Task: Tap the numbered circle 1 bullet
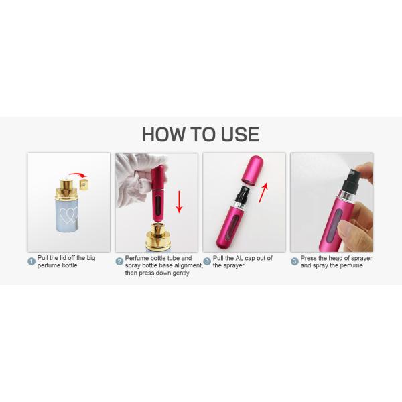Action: pyautogui.click(x=31, y=261)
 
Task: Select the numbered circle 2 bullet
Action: pyautogui.click(x=119, y=261)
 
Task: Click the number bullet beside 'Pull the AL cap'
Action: pyautogui.click(x=207, y=261)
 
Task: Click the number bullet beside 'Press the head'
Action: pyautogui.click(x=295, y=261)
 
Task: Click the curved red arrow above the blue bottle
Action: pyautogui.click(x=80, y=176)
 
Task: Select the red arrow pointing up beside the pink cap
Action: pyautogui.click(x=264, y=190)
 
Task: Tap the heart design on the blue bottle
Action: pyautogui.click(x=69, y=215)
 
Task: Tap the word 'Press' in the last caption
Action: pyautogui.click(x=310, y=258)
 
